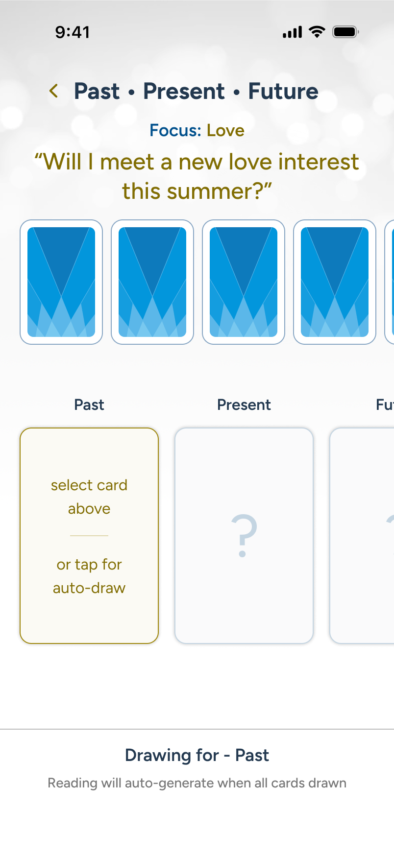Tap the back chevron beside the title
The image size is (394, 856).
[54, 91]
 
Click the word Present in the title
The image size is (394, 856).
[184, 91]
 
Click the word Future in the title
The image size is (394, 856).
[283, 91]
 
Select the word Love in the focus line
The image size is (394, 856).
[225, 130]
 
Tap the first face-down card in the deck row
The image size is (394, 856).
[61, 282]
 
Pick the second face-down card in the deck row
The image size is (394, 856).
[152, 282]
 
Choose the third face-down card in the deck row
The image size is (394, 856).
[244, 282]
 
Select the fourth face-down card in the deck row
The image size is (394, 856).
[335, 282]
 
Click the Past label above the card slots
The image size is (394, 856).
[89, 404]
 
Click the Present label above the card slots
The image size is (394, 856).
[244, 404]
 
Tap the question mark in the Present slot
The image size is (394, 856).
[244, 536]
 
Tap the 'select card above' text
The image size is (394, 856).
[89, 497]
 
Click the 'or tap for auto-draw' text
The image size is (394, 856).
[89, 576]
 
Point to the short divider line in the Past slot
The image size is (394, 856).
[89, 536]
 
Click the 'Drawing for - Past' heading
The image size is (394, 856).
[197, 755]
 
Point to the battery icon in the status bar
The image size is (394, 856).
[346, 32]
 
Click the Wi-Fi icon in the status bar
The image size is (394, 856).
[317, 32]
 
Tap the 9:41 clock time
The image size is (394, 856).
[73, 32]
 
